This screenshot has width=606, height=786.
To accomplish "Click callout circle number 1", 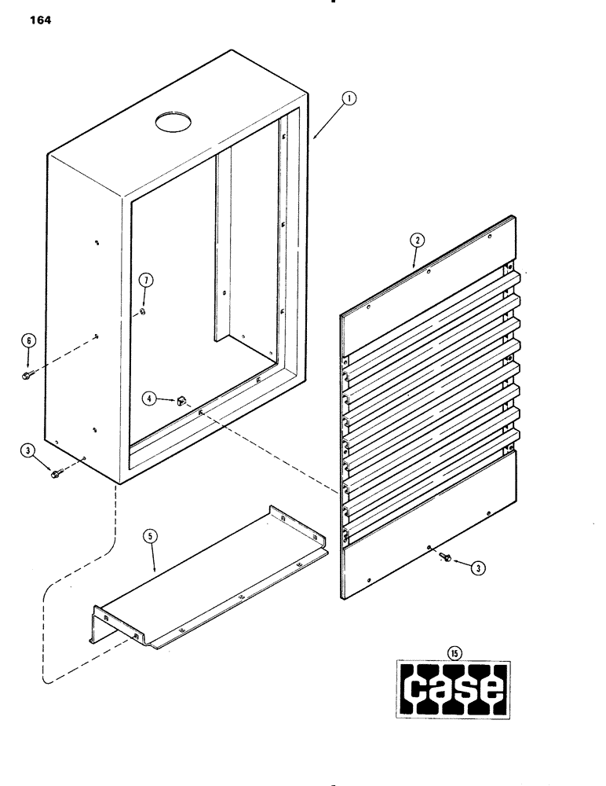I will (x=349, y=99).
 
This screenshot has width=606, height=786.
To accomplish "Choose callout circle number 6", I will (x=28, y=340).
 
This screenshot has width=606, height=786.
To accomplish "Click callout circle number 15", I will (x=453, y=651).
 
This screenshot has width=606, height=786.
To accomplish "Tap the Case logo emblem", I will (x=453, y=689).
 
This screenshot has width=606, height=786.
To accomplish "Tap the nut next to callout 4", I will (x=178, y=401).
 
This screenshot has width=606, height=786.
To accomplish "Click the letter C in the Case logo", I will (x=415, y=689).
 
